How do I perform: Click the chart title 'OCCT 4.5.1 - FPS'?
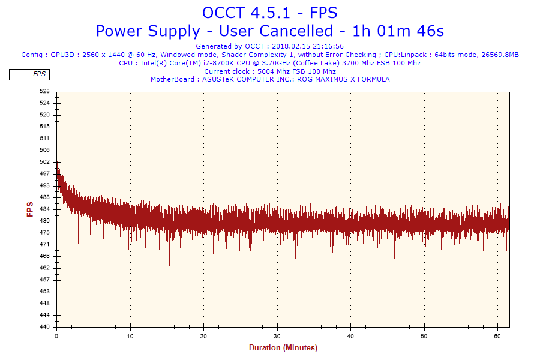click(x=270, y=13)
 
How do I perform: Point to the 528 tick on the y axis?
click(x=44, y=91)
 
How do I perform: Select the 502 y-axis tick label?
click(x=44, y=162)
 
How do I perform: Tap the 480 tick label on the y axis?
click(x=44, y=221)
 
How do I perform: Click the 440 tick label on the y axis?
click(x=44, y=327)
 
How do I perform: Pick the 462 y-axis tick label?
click(x=44, y=268)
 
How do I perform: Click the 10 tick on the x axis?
click(x=130, y=336)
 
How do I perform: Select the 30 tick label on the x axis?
click(x=277, y=336)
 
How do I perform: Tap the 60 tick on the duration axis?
click(x=497, y=336)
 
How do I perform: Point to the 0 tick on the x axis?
click(x=56, y=336)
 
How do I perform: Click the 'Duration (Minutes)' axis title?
click(x=283, y=348)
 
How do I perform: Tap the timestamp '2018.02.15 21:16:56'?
click(x=307, y=46)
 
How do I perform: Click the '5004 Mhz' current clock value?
click(x=274, y=71)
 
